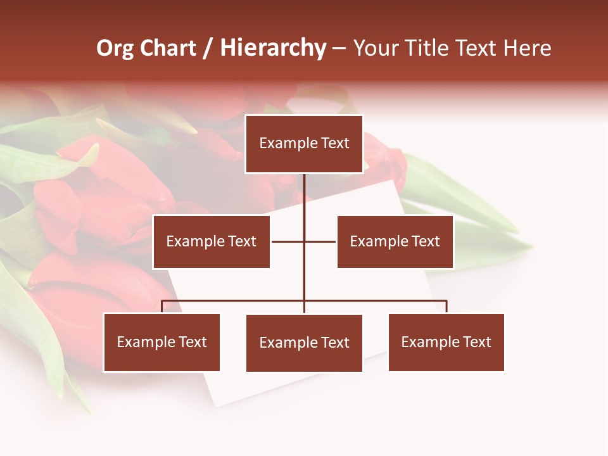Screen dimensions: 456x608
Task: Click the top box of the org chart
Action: (304, 144)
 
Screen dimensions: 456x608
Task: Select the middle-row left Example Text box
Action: (211, 241)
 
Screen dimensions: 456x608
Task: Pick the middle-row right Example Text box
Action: (395, 241)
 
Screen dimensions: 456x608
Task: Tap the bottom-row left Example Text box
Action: (161, 342)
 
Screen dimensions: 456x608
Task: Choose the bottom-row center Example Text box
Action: (304, 343)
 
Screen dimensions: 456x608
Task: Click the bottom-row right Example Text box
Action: (446, 342)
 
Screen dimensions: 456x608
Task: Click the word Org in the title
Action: (115, 49)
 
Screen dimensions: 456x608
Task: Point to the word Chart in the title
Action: (168, 48)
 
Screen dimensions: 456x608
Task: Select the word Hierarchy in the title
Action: (273, 49)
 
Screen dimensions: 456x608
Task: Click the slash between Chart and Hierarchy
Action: (208, 49)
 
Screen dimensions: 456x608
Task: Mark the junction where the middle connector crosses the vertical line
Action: (304, 241)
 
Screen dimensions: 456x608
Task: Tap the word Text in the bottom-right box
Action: (477, 342)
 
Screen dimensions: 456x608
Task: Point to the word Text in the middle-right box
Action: (426, 241)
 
